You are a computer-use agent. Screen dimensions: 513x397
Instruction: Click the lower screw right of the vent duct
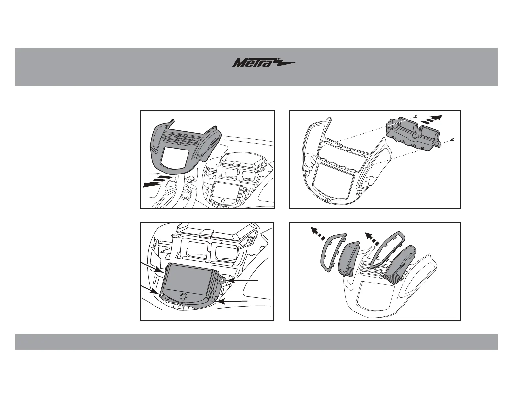pyautogui.click(x=452, y=139)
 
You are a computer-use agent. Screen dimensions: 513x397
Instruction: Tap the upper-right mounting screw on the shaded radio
pyautogui.click(x=223, y=279)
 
